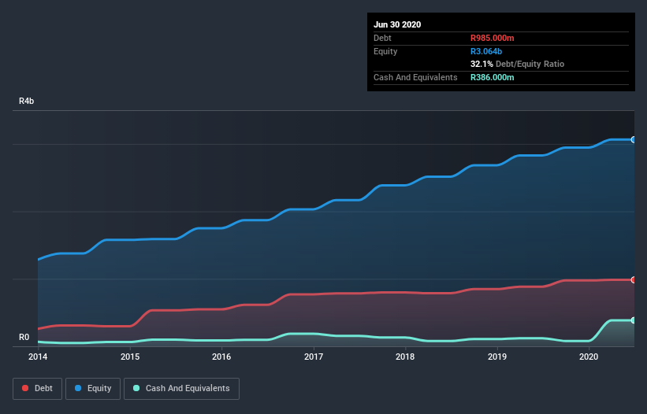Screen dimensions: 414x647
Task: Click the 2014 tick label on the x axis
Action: click(38, 357)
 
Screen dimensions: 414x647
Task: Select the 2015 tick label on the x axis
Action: click(130, 357)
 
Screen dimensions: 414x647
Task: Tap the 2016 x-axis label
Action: click(221, 357)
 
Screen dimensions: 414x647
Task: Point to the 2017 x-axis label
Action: click(314, 357)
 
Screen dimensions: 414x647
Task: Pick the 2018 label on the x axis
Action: click(405, 357)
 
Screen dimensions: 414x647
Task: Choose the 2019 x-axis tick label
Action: click(497, 357)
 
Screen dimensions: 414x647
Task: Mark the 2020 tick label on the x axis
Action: click(589, 357)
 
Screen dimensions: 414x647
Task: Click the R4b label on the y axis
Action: click(27, 102)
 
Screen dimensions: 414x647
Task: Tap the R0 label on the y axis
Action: click(24, 338)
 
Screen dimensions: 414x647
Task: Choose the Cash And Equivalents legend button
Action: click(181, 388)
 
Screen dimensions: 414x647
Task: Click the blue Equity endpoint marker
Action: click(634, 139)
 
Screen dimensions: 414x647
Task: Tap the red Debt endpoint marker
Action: click(634, 279)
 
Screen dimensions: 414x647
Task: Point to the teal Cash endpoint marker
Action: click(634, 320)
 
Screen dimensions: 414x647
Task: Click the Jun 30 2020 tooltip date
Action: click(397, 24)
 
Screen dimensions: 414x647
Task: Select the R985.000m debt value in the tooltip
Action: click(493, 38)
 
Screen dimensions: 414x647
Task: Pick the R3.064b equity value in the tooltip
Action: click(486, 51)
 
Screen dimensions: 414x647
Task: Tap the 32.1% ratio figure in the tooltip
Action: click(482, 64)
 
